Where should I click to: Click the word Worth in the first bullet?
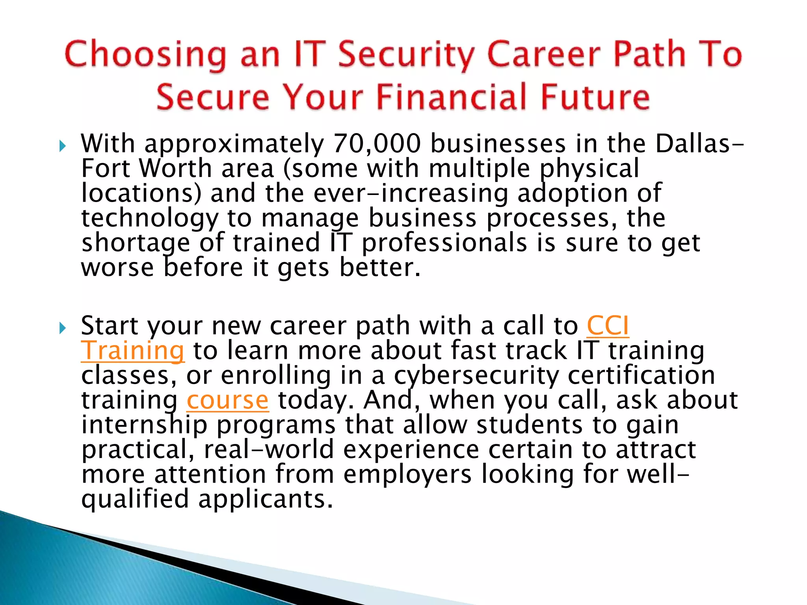(176, 168)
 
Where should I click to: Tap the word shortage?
(136, 243)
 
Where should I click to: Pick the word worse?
(117, 268)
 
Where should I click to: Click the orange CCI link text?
(608, 326)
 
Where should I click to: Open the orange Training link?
(132, 351)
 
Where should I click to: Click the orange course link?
(228, 400)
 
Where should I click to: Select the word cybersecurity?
(476, 376)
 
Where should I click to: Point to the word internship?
(144, 425)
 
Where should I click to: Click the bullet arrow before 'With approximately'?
(62, 147)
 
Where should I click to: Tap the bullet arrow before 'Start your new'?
(62, 328)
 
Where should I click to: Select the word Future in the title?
(595, 97)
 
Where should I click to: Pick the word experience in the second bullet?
(411, 450)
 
